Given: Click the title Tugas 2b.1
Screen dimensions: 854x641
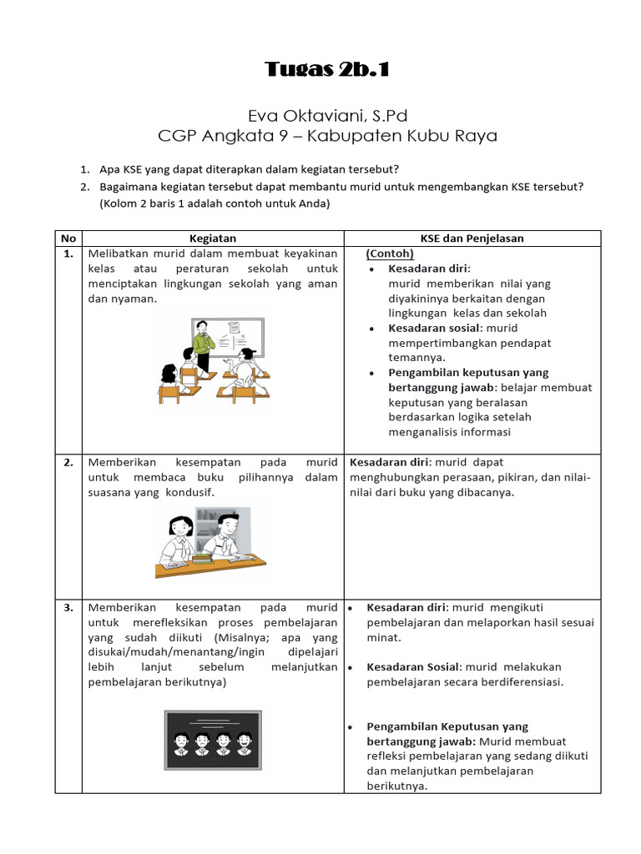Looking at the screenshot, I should coord(327,69).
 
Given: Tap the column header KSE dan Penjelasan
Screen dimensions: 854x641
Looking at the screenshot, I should coord(472,239).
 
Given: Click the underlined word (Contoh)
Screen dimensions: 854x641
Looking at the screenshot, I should coord(390,254).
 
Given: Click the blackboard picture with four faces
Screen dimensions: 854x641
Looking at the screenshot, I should coord(213,739).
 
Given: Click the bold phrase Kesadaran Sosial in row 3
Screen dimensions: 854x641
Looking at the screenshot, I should coord(413,667).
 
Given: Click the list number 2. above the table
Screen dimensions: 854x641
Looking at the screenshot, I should coord(85,188).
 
